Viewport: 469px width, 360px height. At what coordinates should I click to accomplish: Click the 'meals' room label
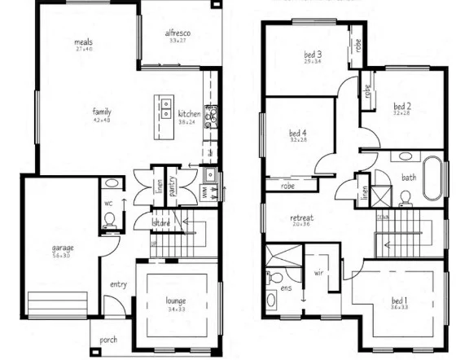click(82, 42)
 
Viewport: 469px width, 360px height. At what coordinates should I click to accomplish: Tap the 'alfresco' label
click(178, 32)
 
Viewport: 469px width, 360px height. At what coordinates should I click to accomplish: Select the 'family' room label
click(102, 112)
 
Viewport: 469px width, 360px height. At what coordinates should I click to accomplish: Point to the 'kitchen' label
click(189, 113)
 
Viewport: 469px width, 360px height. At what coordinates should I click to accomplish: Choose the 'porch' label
click(109, 340)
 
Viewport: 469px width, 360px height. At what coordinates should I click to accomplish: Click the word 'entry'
click(120, 284)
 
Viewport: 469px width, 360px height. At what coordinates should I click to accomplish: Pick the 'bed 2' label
click(401, 106)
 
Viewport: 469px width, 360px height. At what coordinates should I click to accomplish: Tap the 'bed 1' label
click(399, 301)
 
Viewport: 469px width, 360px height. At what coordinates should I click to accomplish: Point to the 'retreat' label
click(301, 218)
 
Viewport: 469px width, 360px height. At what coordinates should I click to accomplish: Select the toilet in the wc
click(109, 218)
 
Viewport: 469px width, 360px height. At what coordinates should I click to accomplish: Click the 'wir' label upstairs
click(318, 273)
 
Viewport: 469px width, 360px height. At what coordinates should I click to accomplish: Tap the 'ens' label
click(286, 287)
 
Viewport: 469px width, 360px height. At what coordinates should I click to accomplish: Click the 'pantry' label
click(173, 186)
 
